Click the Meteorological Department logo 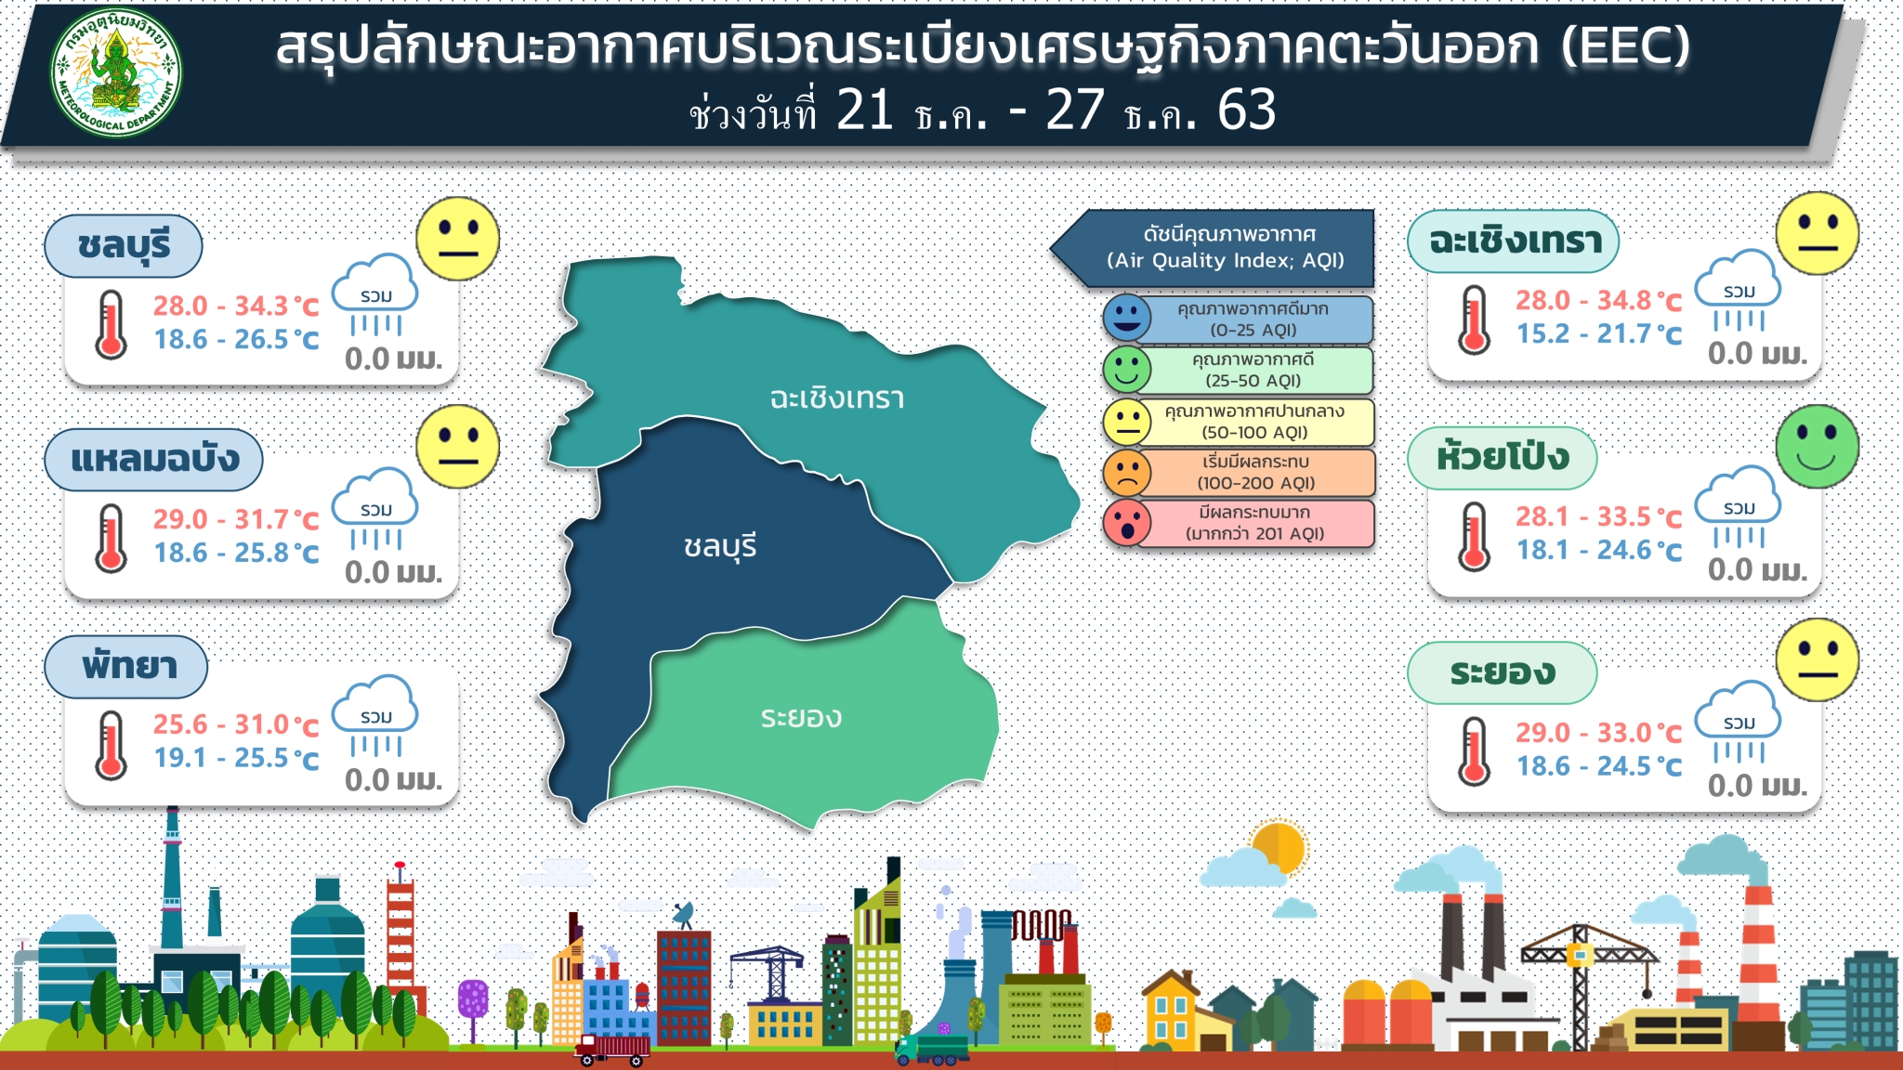pos(116,72)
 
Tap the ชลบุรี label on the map pos(720,547)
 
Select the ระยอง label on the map pos(801,717)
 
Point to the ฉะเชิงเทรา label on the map pos(836,398)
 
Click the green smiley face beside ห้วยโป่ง pos(1817,447)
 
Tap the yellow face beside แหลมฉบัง pos(457,447)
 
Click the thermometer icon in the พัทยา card pos(111,745)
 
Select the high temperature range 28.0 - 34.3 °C pos(236,306)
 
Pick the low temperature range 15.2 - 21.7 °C pos(1599,333)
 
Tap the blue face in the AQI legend pos(1127,318)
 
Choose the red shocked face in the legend pos(1127,523)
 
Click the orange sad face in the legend pos(1127,472)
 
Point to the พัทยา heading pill pos(126,667)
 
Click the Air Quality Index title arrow pos(1213,248)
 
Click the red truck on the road pos(611,1049)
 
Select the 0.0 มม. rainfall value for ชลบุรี pos(393,359)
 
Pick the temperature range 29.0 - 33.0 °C pos(1599,733)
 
